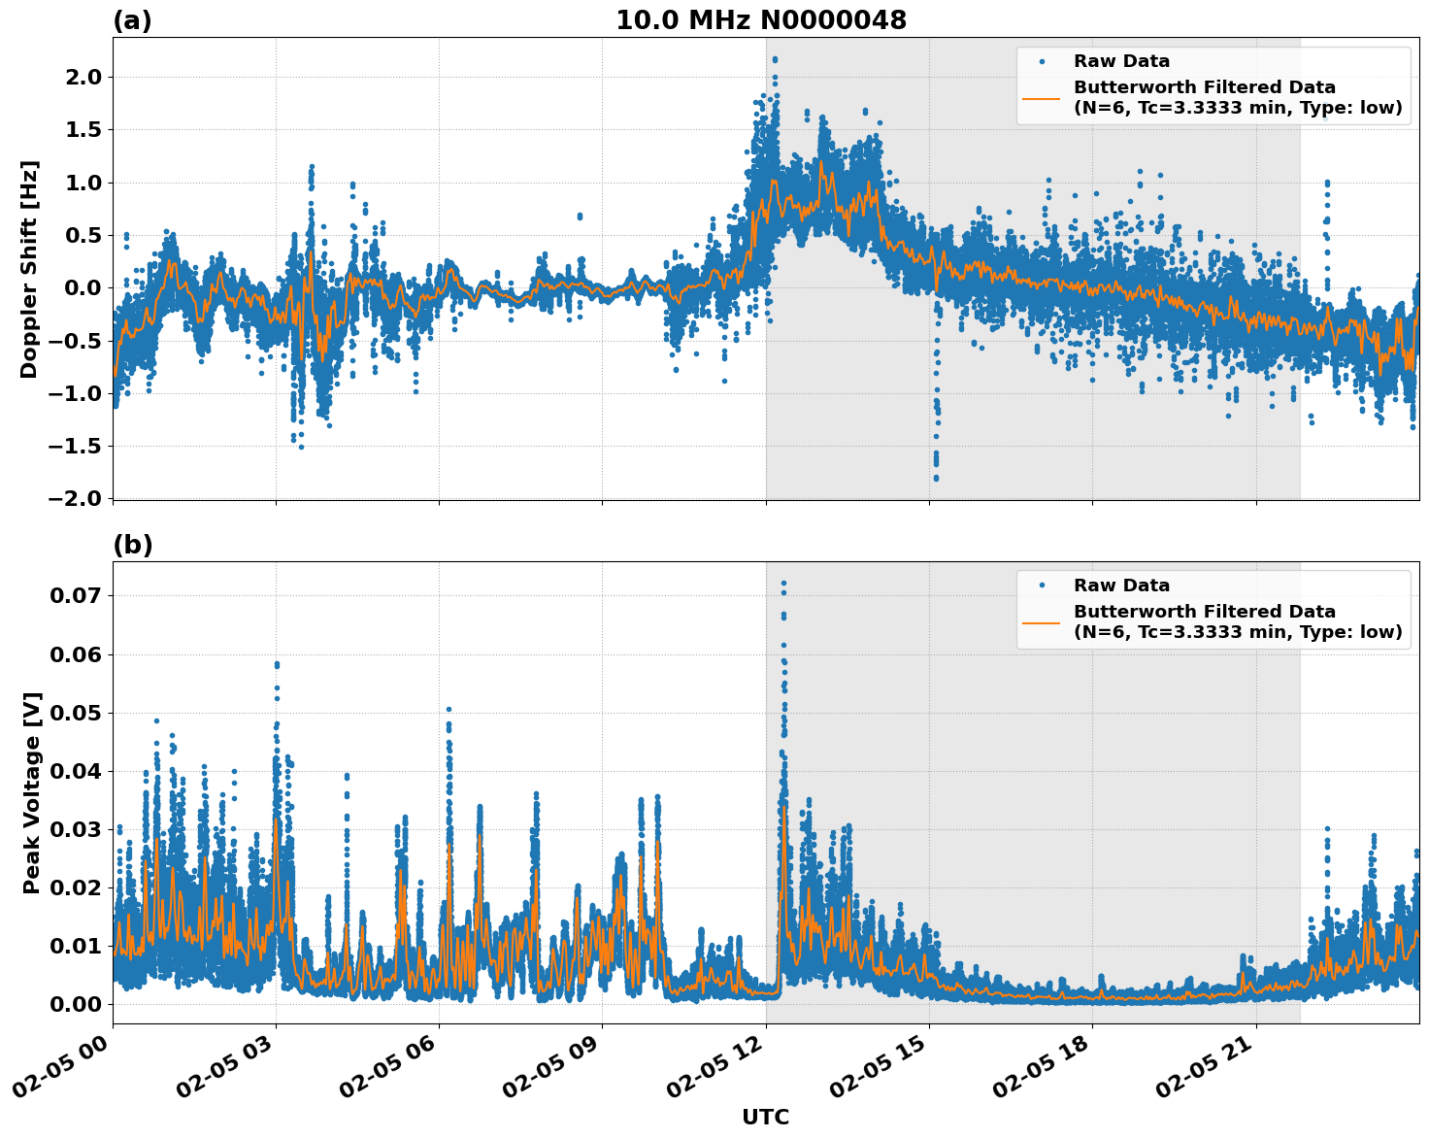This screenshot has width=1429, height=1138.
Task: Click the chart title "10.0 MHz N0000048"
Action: coord(760,20)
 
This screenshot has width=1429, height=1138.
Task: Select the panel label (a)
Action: coord(132,20)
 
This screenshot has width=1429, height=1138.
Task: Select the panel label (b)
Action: coord(132,545)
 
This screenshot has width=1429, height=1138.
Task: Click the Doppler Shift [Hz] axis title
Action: coord(29,269)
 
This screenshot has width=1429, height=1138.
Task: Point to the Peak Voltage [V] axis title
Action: coord(32,792)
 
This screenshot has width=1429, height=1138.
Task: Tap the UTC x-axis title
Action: coord(765,1117)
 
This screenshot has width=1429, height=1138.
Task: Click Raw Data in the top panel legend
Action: coord(1121,61)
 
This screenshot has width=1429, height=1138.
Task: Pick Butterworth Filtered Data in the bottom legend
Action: coord(1204,612)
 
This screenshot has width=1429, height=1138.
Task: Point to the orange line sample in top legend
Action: coord(1041,98)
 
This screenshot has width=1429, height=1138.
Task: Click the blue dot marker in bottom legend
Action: coord(1041,586)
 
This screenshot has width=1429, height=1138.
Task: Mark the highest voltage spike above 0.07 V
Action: coord(783,584)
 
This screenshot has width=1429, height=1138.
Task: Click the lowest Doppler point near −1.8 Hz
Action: coord(936,478)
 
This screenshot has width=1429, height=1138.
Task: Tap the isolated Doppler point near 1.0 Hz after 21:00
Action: coord(1326,183)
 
